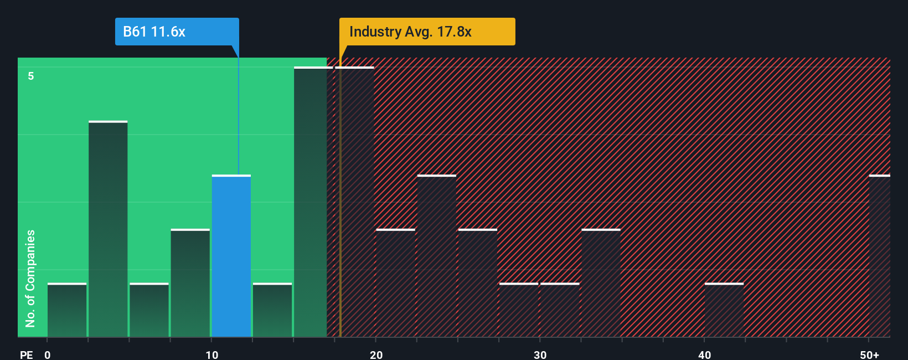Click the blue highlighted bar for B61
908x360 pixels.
[x=231, y=256]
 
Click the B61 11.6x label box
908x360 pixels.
[x=177, y=32]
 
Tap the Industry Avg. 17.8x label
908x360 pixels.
[x=427, y=32]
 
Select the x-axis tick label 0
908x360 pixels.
[x=48, y=354]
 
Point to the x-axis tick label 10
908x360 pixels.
[x=211, y=354]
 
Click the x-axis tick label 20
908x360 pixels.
[x=376, y=354]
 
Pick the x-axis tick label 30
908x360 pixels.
[x=540, y=354]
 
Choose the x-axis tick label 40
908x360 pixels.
[x=704, y=354]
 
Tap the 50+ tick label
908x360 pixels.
[x=869, y=354]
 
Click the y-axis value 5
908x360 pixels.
[x=31, y=76]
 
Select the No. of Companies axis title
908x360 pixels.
[x=30, y=278]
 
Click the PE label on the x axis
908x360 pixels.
[x=27, y=354]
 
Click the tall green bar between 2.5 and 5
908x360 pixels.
[x=108, y=229]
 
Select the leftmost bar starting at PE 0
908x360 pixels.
[x=67, y=310]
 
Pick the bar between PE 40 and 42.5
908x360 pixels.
[x=724, y=310]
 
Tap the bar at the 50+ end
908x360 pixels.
[x=879, y=256]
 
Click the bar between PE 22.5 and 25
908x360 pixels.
[x=437, y=256]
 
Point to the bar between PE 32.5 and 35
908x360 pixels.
[x=601, y=282]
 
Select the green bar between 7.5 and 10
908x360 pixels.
[x=190, y=282]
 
